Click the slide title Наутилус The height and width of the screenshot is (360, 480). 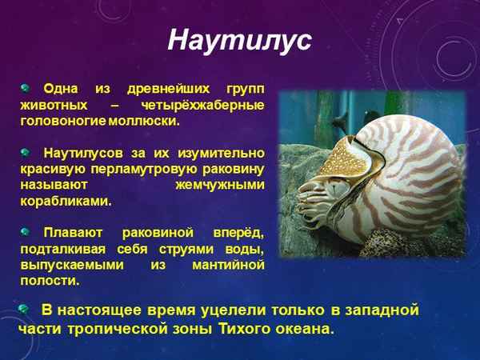click(239, 42)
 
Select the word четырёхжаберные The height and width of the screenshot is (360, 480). click(210, 105)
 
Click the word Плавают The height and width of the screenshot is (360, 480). click(74, 232)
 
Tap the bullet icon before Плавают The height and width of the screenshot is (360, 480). click(26, 231)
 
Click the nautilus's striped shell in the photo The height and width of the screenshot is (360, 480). click(400, 160)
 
